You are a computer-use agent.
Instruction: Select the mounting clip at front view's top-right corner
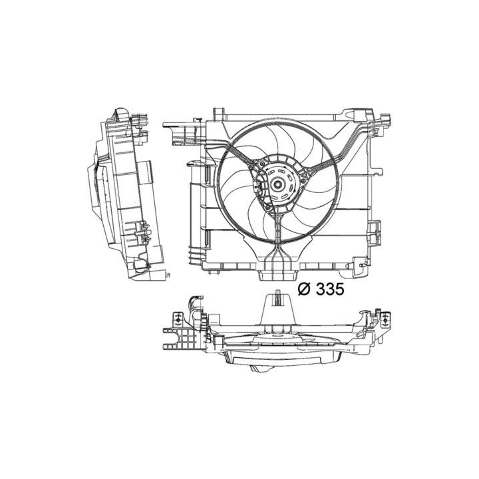coord(385,120)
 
